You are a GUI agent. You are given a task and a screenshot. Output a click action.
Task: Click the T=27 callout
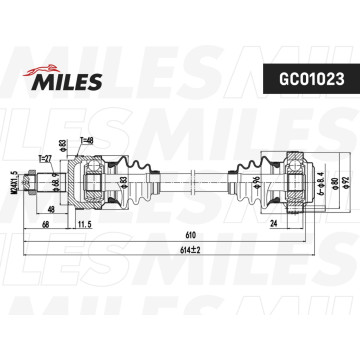pyautogui.click(x=45, y=158)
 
